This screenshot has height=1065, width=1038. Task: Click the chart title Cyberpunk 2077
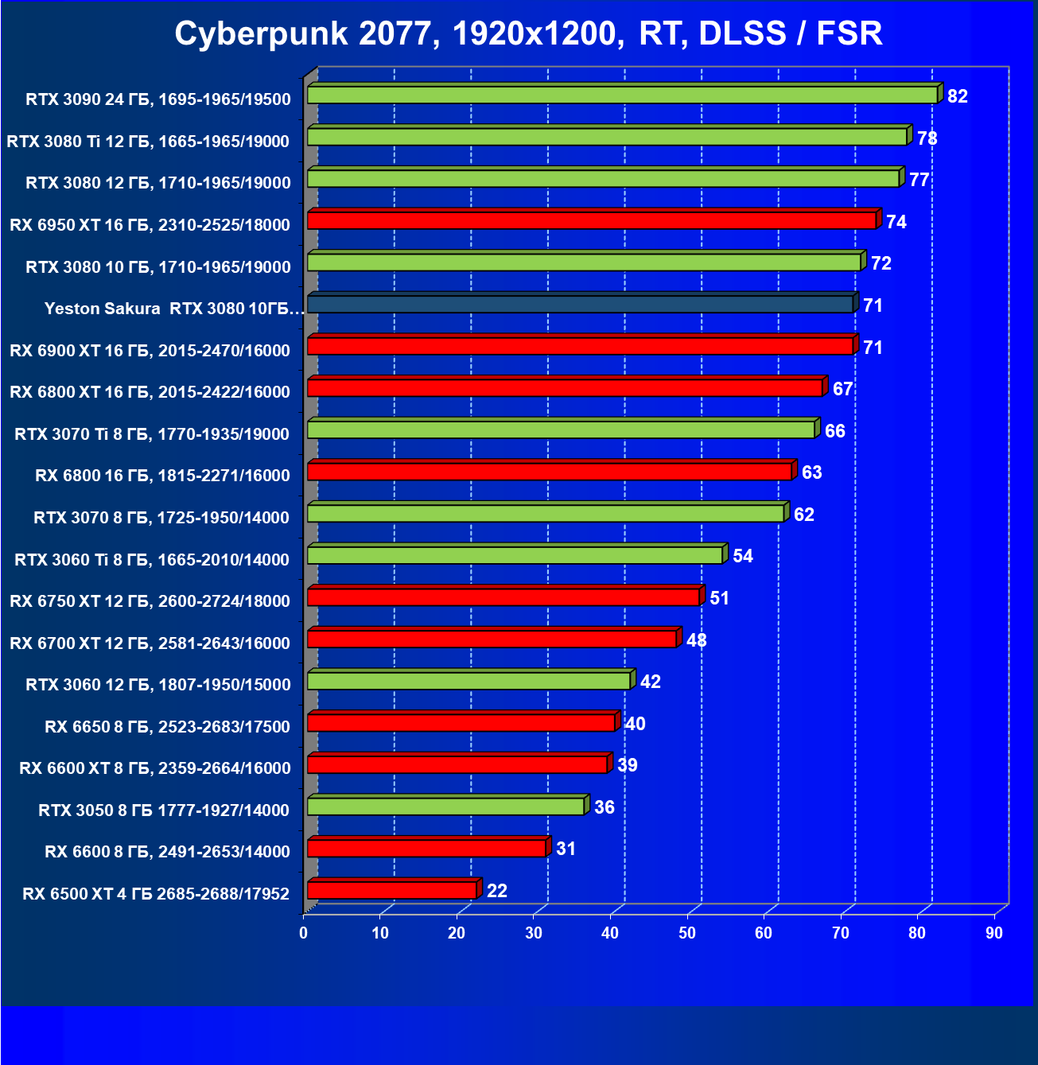coord(528,34)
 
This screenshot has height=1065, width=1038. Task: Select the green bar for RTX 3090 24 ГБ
coord(622,95)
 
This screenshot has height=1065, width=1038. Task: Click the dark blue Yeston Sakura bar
coord(580,304)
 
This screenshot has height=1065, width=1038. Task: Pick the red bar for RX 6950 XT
coord(591,220)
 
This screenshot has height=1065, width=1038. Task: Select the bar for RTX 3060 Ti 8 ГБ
coord(515,554)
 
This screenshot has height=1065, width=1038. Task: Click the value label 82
coord(958,96)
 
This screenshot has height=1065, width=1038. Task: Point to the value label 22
coord(497,891)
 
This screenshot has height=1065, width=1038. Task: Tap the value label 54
coord(743,556)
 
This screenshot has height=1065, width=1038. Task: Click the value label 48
coord(697,640)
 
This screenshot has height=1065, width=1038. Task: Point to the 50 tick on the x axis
coord(687,933)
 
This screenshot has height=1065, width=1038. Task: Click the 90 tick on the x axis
coord(994,933)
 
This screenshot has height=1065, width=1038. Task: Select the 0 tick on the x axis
coord(304,933)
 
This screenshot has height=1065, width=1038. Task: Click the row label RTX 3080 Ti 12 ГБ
coord(148,142)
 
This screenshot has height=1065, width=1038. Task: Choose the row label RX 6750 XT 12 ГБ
coord(150,601)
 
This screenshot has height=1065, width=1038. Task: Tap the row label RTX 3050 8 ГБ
coord(164,810)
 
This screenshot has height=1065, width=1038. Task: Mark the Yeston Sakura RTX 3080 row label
coord(174,309)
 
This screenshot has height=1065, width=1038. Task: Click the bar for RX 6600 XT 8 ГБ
coord(457,764)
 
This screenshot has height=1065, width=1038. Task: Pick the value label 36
coord(605,807)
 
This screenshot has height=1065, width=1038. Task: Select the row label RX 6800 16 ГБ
coord(162,476)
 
